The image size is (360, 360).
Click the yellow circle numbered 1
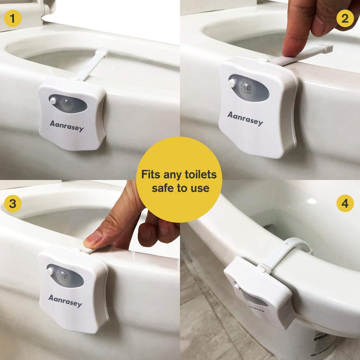click(x=13, y=18)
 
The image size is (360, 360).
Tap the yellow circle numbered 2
click(x=345, y=18)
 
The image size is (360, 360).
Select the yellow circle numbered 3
click(x=13, y=204)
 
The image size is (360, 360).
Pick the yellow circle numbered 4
click(x=345, y=204)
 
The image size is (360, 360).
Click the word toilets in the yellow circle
click(x=201, y=174)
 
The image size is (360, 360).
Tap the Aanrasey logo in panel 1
click(x=66, y=126)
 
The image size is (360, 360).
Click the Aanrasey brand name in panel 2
click(x=245, y=119)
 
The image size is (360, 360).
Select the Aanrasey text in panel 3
click(x=65, y=301)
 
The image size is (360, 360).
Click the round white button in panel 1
click(x=53, y=101)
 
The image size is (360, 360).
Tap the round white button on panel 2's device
click(x=232, y=83)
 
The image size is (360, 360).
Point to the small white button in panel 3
click(x=50, y=271)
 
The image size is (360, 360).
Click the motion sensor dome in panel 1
click(x=66, y=104)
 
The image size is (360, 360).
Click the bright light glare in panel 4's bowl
click(x=312, y=201)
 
